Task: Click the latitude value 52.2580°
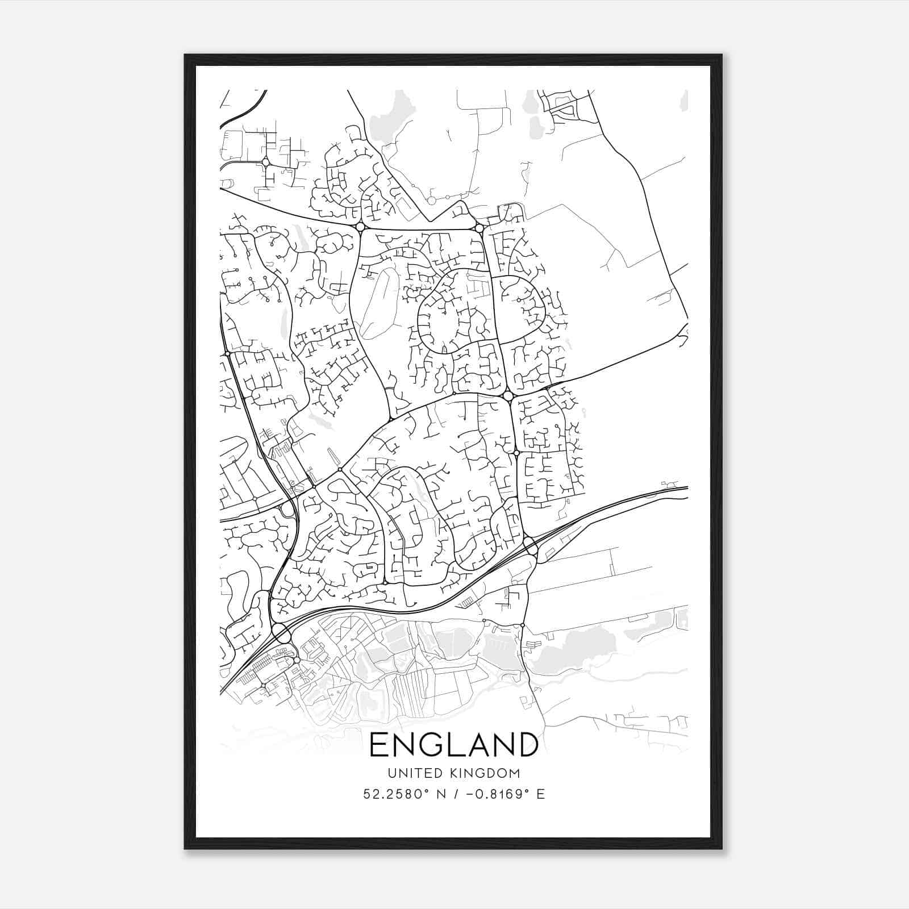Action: click(x=395, y=794)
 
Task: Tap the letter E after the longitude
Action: click(x=541, y=794)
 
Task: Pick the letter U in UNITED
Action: click(x=391, y=773)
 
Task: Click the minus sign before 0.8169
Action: click(x=470, y=794)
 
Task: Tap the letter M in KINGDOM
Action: click(x=514, y=773)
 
